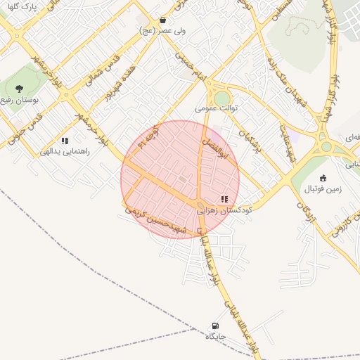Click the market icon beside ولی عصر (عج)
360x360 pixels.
[x=163, y=20]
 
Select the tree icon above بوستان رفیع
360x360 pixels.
[x=19, y=89]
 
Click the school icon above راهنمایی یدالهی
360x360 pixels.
[x=65, y=141]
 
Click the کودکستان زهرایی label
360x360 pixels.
[x=224, y=210]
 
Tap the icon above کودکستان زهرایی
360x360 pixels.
[x=224, y=199]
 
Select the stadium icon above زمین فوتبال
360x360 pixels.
[x=323, y=178]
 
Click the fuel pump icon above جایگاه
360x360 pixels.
[x=214, y=326]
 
